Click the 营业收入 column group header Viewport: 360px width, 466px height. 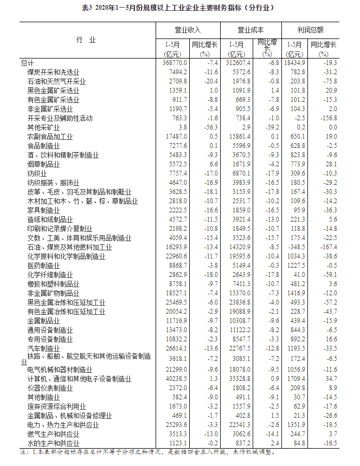pos(187,30)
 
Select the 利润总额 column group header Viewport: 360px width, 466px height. pos(311,30)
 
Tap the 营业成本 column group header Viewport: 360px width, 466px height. pos(250,30)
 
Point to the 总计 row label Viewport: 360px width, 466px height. pos(27,63)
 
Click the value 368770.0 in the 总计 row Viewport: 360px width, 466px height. pos(174,63)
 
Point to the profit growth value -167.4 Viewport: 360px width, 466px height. pos(329,247)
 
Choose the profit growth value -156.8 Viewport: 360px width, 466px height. pos(329,118)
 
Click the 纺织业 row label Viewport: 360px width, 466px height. pos(37,173)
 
